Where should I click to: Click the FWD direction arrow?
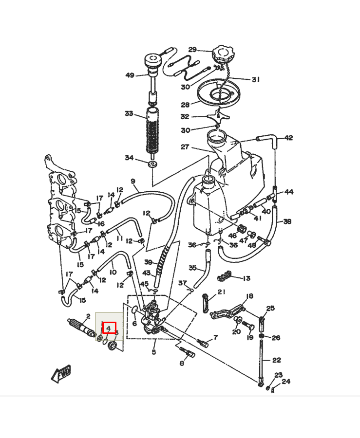(x=61, y=374)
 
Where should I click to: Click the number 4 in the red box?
(x=109, y=328)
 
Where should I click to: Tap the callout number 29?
(x=192, y=50)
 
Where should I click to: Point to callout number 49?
(x=130, y=75)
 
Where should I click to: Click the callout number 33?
(x=129, y=113)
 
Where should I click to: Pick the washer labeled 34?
(x=152, y=164)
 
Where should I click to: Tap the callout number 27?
(x=185, y=146)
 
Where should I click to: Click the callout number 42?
(x=288, y=138)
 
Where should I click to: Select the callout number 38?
(x=287, y=221)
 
